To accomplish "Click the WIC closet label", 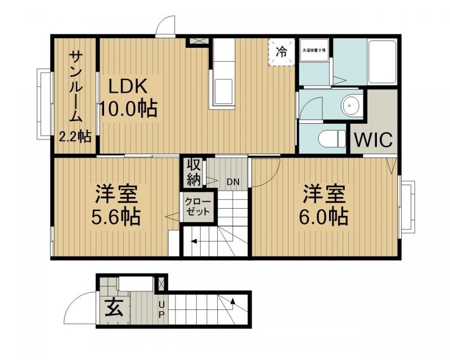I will click(373, 139).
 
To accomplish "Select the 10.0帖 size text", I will click(128, 108).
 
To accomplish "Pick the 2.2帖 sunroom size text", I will click(75, 136).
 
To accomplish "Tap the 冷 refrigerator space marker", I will click(281, 52).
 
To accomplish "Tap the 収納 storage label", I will click(193, 172).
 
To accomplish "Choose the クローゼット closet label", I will click(197, 207).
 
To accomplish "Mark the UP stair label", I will click(162, 309).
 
